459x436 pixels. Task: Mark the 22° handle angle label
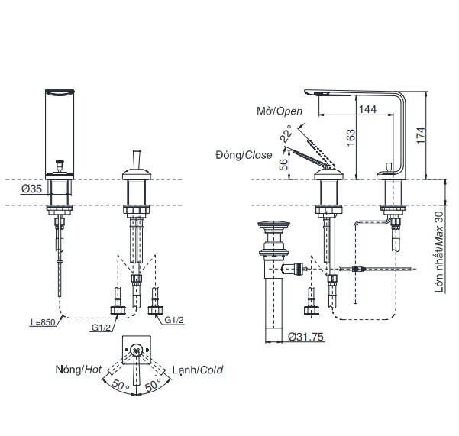tap(287, 136)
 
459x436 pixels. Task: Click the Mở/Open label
tap(280, 111)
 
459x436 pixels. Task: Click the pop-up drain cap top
tap(274, 225)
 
